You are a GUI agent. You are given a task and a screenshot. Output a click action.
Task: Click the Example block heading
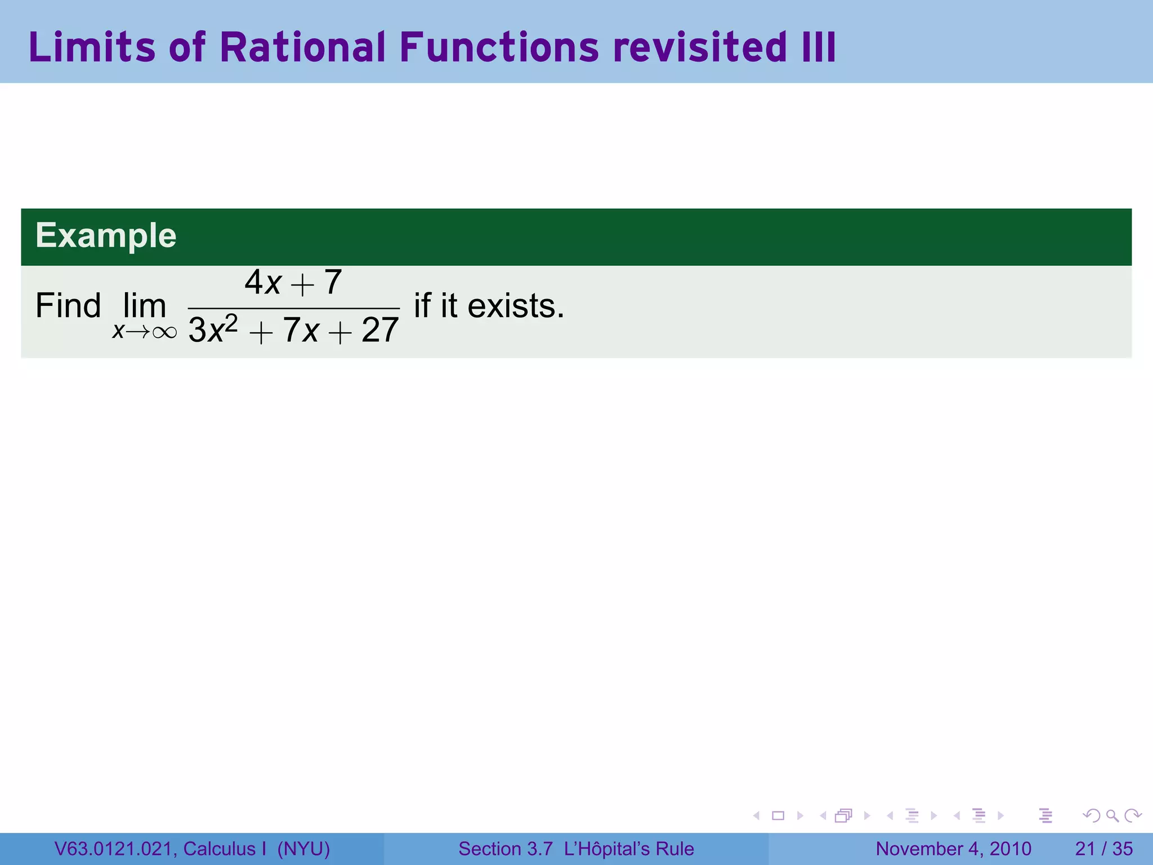coord(106,235)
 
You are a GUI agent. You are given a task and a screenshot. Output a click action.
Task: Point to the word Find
coord(68,306)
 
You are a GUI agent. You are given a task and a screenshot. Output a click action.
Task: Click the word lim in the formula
coord(145,306)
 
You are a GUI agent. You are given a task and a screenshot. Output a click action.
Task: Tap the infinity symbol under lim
coord(164,332)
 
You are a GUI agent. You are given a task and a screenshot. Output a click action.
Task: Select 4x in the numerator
coord(263,282)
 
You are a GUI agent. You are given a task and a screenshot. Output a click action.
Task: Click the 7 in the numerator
coord(333,282)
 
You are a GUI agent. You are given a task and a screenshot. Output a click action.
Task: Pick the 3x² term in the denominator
coord(213,329)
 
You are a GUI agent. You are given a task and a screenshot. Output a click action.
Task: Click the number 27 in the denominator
coord(380,330)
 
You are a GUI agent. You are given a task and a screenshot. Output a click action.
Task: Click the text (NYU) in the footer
coord(303,849)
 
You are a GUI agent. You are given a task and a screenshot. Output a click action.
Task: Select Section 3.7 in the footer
coord(505,849)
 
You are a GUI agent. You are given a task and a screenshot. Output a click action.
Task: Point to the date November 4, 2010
coord(953,849)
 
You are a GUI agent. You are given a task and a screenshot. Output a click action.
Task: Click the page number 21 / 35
coord(1103,849)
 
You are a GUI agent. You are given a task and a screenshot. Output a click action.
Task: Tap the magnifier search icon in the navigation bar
coord(1112,815)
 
